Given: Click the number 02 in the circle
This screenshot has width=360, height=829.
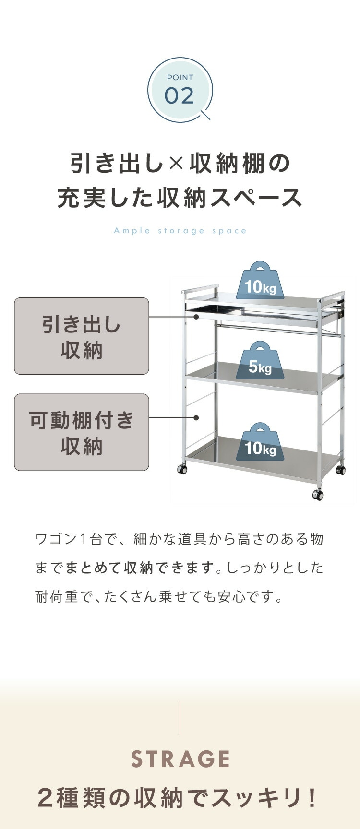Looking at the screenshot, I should point(180,95).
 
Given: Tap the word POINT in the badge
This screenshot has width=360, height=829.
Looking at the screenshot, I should point(180,77).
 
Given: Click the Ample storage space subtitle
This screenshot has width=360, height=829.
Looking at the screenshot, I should point(180,231).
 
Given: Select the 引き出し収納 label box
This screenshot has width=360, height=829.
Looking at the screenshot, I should point(82,336).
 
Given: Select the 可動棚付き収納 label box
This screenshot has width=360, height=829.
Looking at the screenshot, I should point(82,432).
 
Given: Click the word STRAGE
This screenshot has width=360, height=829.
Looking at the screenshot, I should point(180,759).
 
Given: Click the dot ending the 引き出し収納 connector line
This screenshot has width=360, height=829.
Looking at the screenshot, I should point(196,317).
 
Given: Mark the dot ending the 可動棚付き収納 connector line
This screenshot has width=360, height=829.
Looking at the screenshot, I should point(196,418).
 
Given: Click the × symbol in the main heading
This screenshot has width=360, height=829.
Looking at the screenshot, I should point(176,164).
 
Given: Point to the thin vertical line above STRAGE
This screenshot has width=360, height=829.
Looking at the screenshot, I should point(180,718).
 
